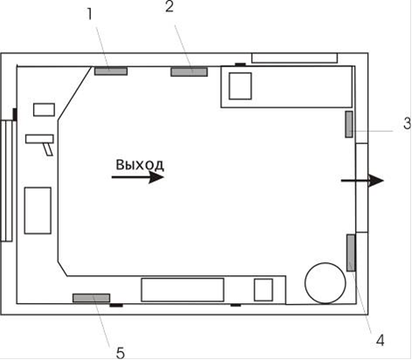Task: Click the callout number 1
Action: tap(90, 14)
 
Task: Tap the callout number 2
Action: tap(170, 7)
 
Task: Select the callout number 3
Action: tap(408, 123)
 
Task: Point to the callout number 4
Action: tap(380, 340)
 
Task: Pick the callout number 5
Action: tap(120, 354)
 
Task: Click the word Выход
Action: tap(140, 165)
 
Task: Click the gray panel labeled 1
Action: tap(111, 71)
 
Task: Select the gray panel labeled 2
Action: tap(189, 72)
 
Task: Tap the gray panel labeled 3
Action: tap(349, 124)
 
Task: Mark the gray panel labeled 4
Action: tap(351, 253)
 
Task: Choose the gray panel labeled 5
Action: tap(91, 298)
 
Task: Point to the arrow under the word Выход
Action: tap(138, 177)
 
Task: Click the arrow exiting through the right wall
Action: tap(362, 181)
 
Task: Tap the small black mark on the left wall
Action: tap(15, 114)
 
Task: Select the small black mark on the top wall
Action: tap(241, 65)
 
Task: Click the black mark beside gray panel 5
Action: tap(116, 305)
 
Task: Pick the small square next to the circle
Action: tap(263, 290)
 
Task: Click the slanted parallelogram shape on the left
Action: tap(48, 149)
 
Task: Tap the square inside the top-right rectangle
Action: tap(241, 87)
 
